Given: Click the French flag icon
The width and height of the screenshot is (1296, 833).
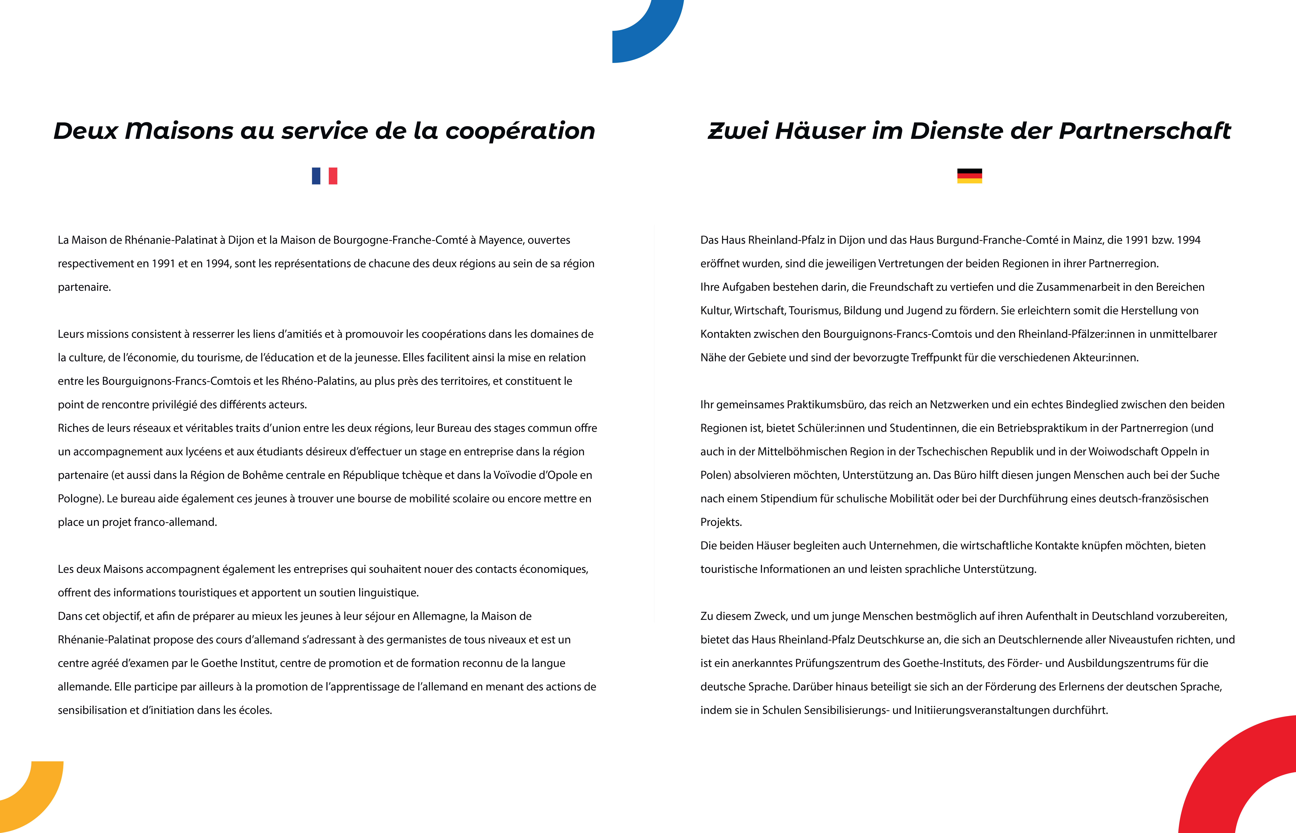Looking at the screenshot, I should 324,176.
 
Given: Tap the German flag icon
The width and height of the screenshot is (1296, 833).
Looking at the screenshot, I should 969,176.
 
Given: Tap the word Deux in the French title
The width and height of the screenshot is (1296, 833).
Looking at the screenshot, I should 85,131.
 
